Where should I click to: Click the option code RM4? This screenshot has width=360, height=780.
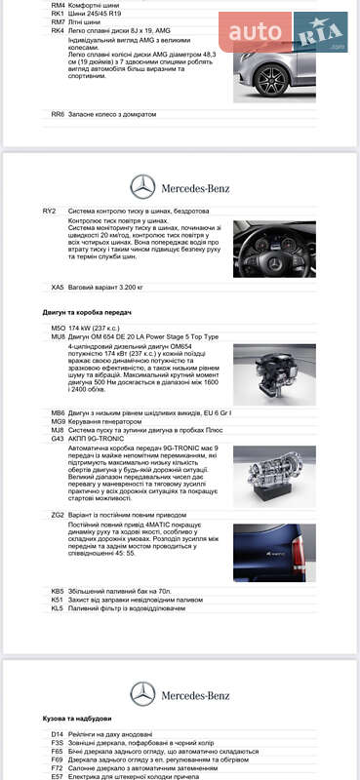pos(58,6)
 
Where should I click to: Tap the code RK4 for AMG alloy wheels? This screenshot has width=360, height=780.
pos(58,30)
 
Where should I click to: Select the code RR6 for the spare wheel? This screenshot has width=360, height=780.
pos(58,114)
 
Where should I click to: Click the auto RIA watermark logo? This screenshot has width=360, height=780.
pos(284,33)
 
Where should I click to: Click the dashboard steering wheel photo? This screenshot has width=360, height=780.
pos(274,250)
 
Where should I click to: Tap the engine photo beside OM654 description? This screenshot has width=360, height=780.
pos(274,374)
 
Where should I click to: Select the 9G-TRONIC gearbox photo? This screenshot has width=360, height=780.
pos(274,477)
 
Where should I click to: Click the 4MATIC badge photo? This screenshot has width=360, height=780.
pos(274,553)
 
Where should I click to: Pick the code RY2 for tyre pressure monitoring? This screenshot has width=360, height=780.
pos(50,211)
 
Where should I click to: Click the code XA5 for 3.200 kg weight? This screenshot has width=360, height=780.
pos(58,288)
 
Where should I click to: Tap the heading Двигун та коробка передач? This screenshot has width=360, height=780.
pos(87,312)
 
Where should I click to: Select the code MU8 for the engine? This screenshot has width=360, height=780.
pos(58,337)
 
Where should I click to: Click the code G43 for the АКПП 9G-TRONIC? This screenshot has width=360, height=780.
pos(58,439)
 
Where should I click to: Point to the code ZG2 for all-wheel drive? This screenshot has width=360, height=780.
pos(58,515)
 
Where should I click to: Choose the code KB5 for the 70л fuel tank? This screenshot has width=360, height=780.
pos(58,591)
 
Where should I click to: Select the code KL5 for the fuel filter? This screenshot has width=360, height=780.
pos(58,607)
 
